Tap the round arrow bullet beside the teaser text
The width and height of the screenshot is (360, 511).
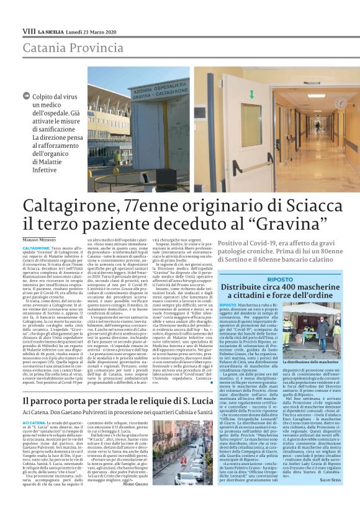coord(25,96)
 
